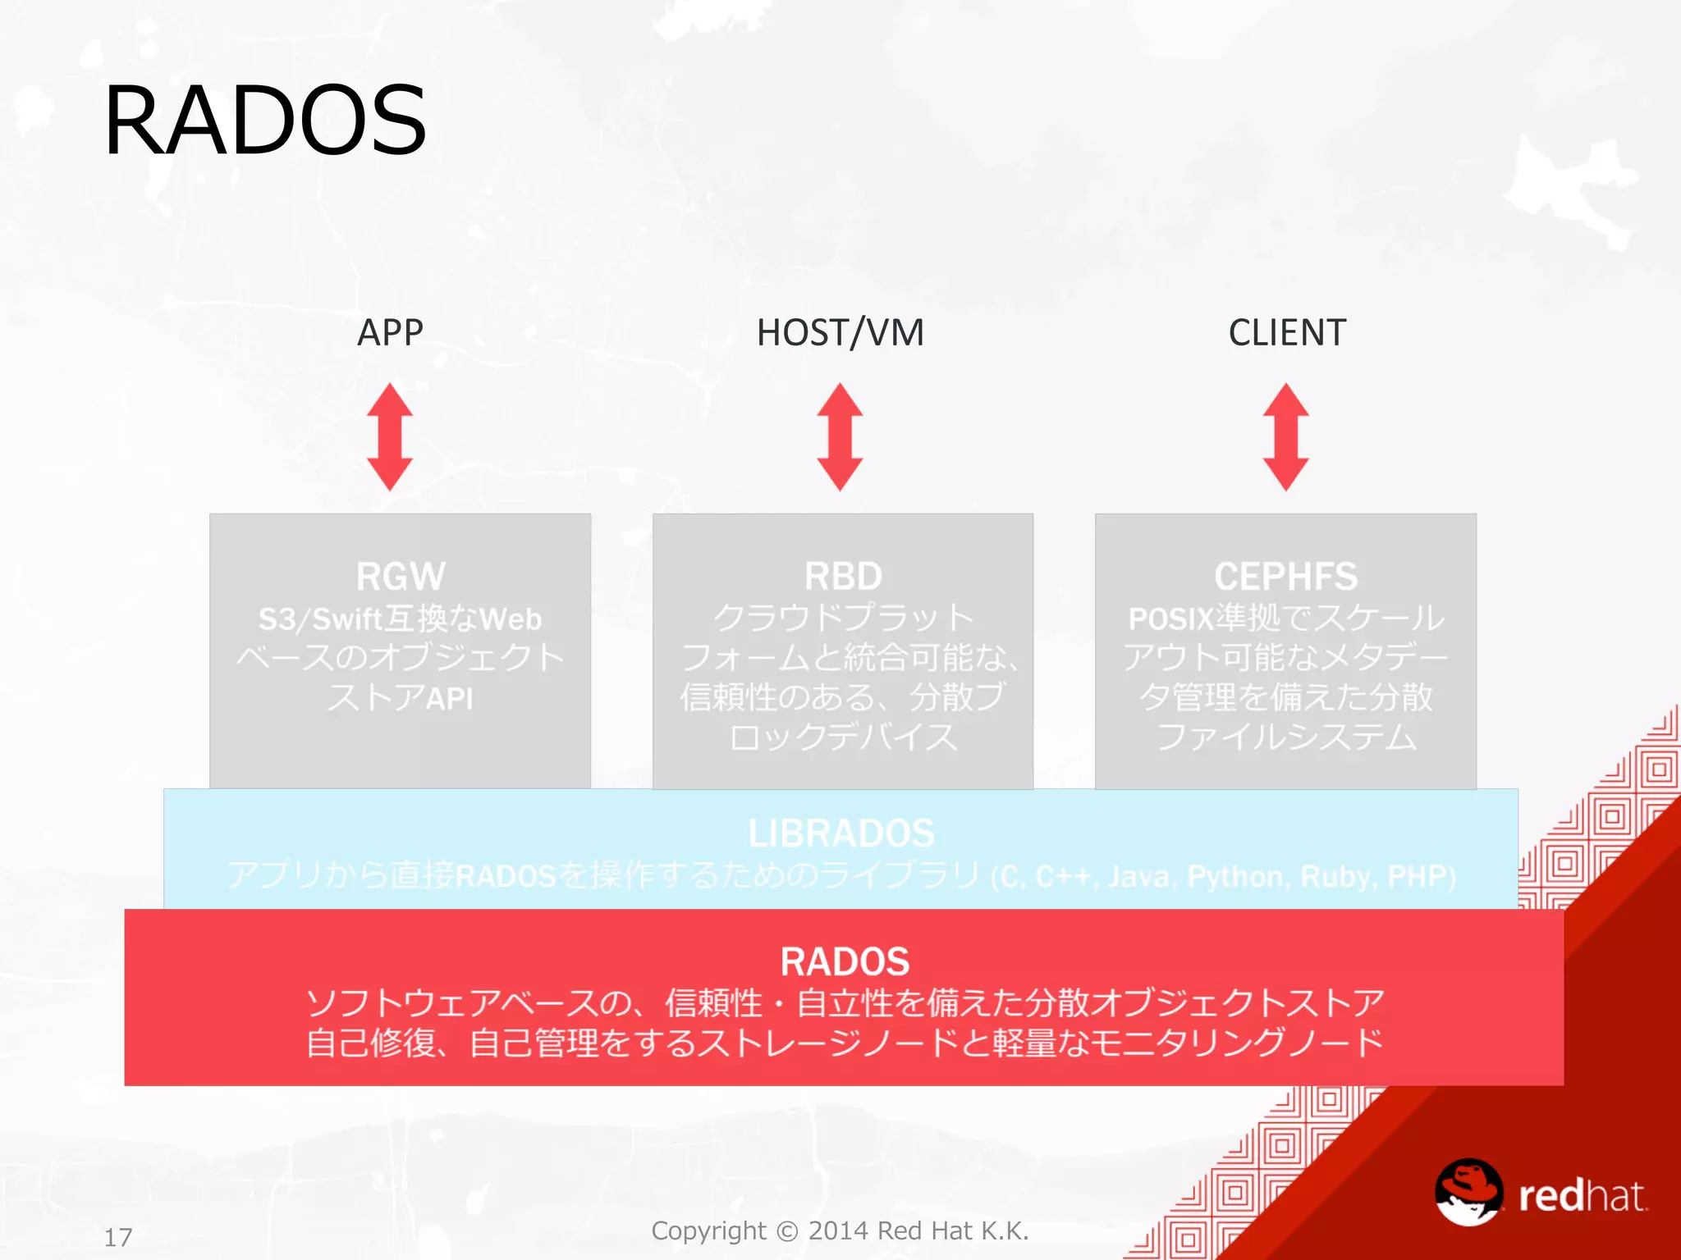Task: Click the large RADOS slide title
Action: coord(264,121)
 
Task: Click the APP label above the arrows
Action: coord(390,333)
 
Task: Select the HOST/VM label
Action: coord(840,333)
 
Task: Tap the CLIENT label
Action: coord(1287,333)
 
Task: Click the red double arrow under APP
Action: coord(390,436)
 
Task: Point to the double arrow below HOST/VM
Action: coord(840,436)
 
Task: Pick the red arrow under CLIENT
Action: coord(1285,436)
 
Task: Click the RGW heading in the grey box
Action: coord(401,576)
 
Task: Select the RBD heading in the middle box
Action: coord(843,576)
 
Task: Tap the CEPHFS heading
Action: coord(1285,576)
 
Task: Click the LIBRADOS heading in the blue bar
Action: coord(841,833)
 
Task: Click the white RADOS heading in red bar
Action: coord(845,961)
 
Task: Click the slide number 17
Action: coord(118,1237)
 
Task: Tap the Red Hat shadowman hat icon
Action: coord(1468,1191)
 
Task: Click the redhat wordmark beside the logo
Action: coord(1582,1196)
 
